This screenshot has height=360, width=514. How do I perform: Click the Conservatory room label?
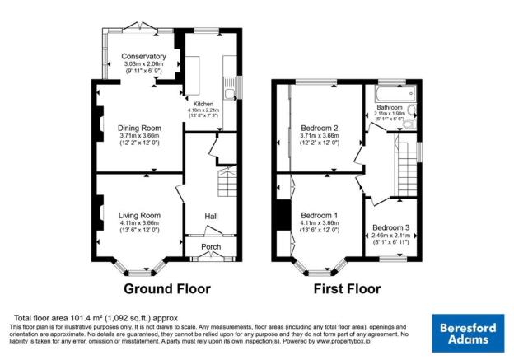pyautogui.click(x=138, y=56)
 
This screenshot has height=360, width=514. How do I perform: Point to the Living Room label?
pyautogui.click(x=138, y=215)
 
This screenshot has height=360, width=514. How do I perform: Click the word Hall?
pyautogui.click(x=211, y=217)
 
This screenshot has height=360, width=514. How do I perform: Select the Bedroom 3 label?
pyautogui.click(x=390, y=227)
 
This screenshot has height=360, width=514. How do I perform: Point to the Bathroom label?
pyautogui.click(x=390, y=108)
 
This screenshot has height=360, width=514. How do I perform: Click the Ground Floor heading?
pyautogui.click(x=167, y=289)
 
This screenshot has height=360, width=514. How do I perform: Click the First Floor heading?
pyautogui.click(x=347, y=289)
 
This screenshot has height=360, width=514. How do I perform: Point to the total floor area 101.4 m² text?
pyautogui.click(x=94, y=318)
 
